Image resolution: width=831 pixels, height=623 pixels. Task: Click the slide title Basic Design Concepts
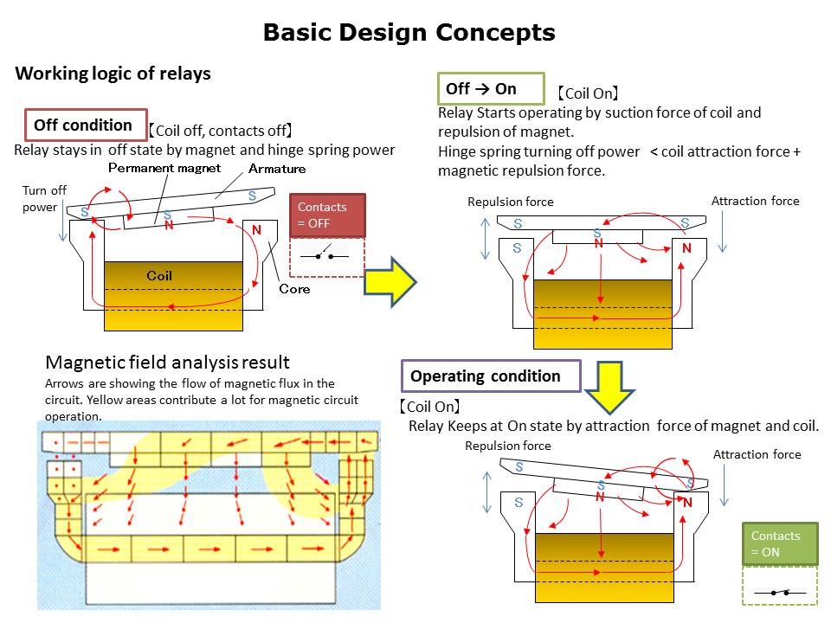coord(409,33)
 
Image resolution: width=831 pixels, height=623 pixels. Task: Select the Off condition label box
coord(83,125)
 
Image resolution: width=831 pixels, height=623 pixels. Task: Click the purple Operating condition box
coord(490,376)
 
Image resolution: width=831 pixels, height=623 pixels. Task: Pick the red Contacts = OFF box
coord(327,215)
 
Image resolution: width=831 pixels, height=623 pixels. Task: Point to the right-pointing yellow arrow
coord(389,281)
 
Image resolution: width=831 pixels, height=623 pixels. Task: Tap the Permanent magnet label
coord(164,168)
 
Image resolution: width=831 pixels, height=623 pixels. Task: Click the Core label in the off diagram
coord(294,289)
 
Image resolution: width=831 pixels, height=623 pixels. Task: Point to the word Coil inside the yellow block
coord(159,276)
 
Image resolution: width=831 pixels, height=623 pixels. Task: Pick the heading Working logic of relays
coord(113,74)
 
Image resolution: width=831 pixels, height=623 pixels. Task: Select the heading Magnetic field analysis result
coord(167,362)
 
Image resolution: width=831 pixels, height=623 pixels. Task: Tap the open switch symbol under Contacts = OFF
coord(327,256)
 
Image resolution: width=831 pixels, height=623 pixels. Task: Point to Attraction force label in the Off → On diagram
coord(755,201)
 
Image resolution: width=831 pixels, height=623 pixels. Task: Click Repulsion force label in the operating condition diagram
coord(508,446)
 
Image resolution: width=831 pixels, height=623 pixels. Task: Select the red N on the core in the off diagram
coord(256,230)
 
